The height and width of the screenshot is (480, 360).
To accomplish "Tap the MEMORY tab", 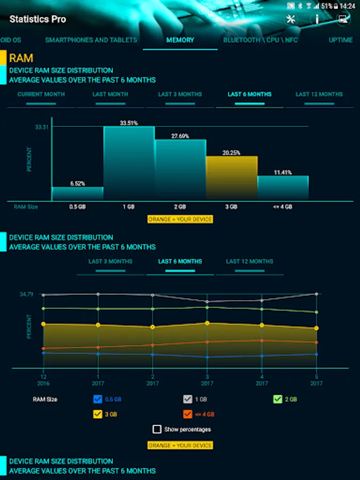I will [180, 40].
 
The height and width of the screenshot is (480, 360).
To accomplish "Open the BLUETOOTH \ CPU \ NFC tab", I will [260, 40].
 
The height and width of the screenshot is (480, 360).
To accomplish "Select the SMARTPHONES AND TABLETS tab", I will [91, 40].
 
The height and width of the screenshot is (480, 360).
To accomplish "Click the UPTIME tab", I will [340, 40].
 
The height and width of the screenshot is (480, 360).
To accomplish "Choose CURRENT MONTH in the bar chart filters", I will [41, 94].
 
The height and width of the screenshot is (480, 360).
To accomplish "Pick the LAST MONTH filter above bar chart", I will [110, 94].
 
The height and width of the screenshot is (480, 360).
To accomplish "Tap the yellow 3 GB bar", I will [231, 178].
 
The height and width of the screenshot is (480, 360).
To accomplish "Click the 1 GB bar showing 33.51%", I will [129, 163].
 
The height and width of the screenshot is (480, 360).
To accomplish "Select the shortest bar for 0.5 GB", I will [77, 193].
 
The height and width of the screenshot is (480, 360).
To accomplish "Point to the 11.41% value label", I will [283, 172].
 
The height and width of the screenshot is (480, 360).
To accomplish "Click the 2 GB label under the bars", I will [180, 207].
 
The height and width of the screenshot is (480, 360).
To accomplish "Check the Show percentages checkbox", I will [157, 429].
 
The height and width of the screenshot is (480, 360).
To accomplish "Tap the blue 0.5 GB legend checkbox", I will [98, 399].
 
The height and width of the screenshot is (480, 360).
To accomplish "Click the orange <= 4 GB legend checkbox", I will [187, 414].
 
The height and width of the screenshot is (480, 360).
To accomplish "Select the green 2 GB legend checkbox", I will [277, 399].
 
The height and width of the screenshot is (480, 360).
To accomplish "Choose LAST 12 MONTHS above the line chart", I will [249, 262].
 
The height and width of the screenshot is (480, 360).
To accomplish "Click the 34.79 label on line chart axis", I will [27, 294].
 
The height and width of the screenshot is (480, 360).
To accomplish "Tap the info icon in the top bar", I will [317, 19].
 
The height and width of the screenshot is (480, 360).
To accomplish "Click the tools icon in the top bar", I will [291, 19].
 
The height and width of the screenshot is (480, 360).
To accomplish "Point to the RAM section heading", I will [21, 58].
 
